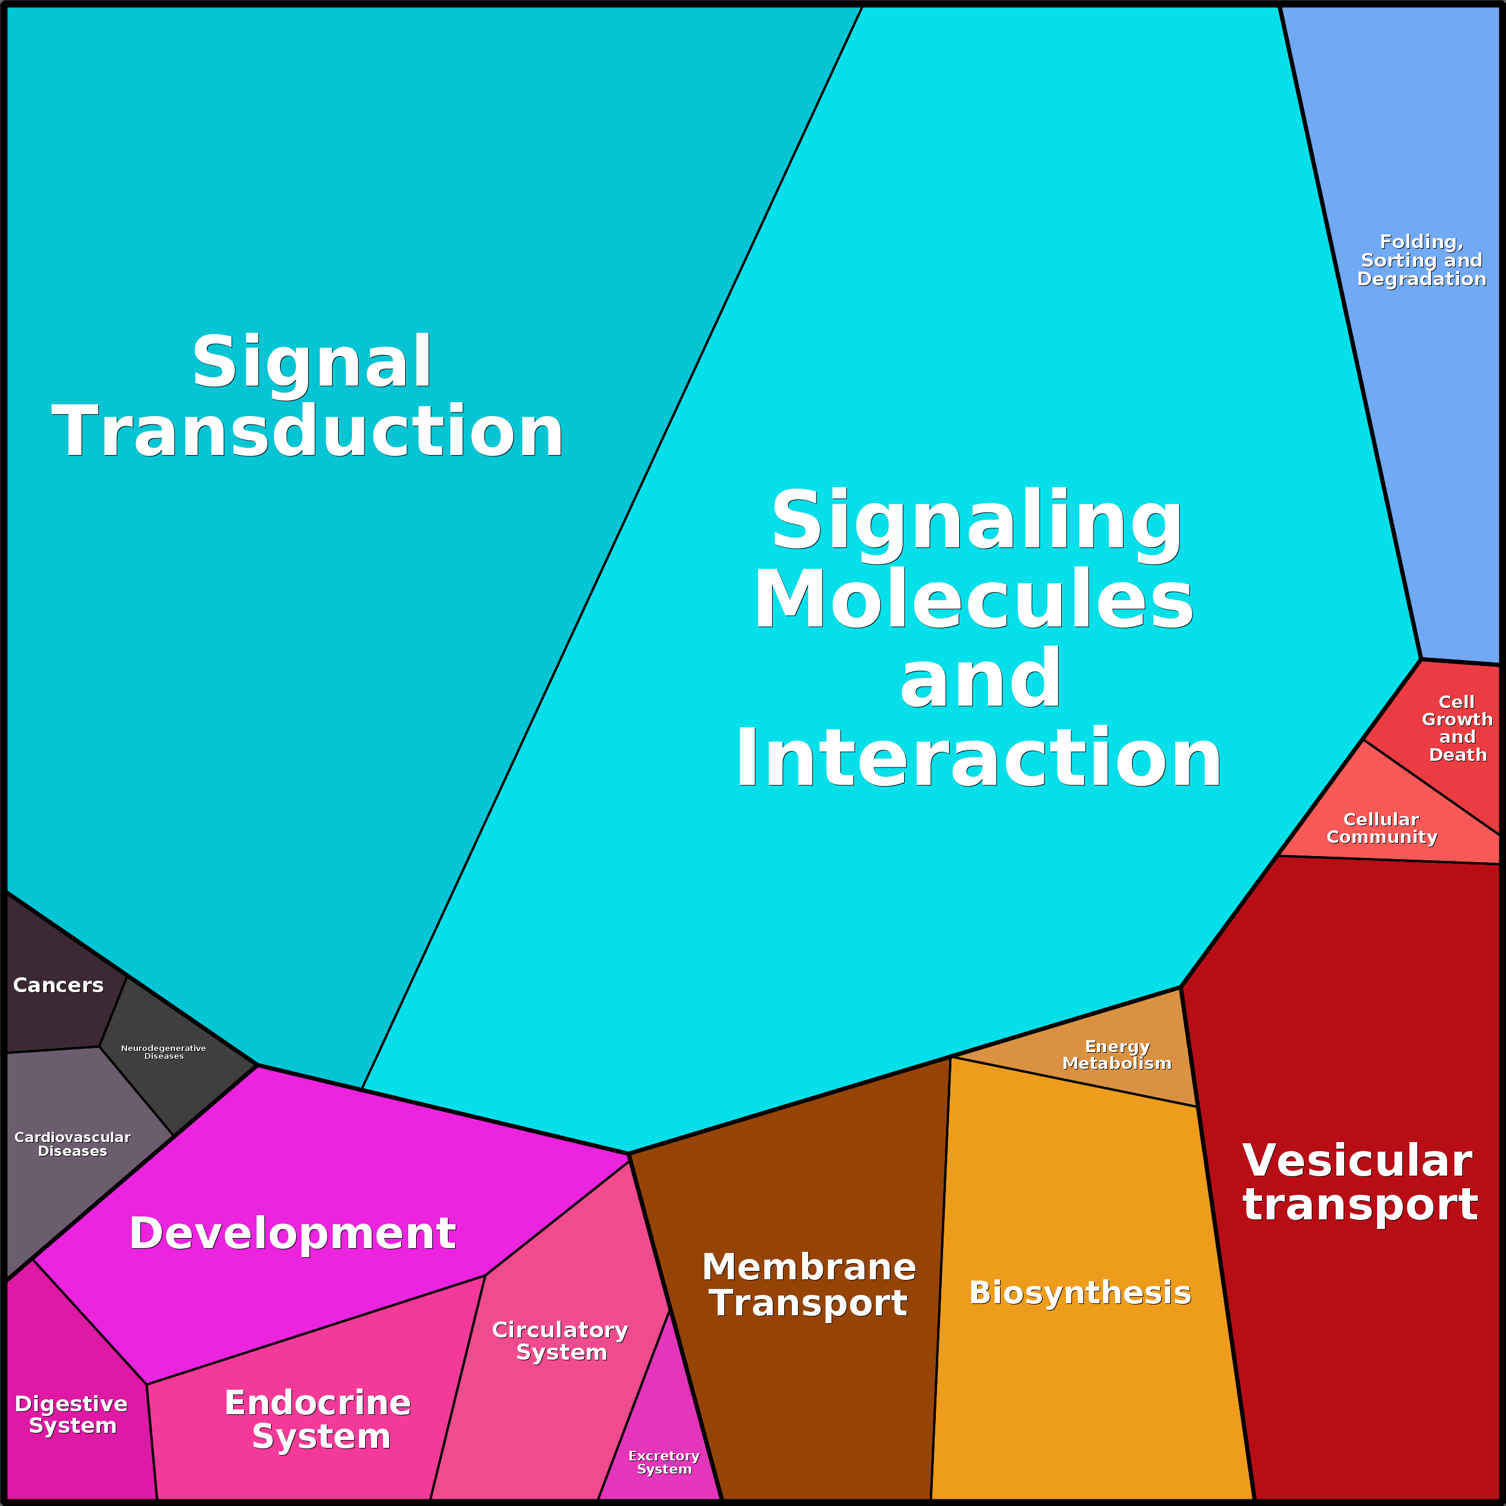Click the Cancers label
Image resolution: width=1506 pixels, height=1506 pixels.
click(59, 985)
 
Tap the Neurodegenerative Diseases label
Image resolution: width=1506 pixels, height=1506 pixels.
click(164, 1052)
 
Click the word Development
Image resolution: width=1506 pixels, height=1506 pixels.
click(293, 1233)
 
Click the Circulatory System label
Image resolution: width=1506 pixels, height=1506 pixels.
click(561, 1341)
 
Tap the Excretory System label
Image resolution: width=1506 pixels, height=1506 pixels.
click(664, 1462)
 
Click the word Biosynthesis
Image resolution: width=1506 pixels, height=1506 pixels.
click(1080, 1293)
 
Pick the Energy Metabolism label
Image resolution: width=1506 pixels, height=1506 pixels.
click(1117, 1055)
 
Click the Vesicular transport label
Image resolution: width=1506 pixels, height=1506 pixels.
click(1360, 1182)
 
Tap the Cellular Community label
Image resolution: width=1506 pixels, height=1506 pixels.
click(1382, 828)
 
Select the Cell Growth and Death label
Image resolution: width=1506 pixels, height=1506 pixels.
click(1457, 728)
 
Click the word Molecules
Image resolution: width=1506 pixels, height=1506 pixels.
click(974, 599)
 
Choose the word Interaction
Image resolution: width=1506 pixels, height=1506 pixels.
click(978, 758)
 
